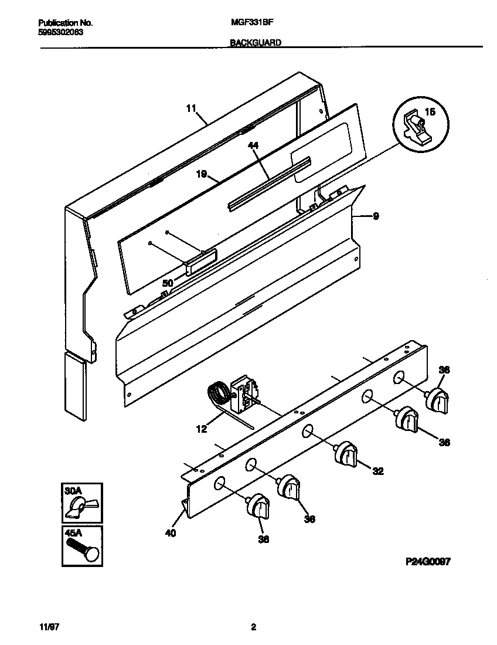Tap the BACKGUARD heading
click(x=255, y=42)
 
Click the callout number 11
click(x=190, y=108)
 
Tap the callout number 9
click(x=376, y=216)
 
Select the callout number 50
click(x=168, y=283)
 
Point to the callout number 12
click(x=201, y=429)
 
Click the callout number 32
click(x=378, y=470)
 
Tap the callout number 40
click(x=171, y=533)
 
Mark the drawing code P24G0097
click(x=427, y=561)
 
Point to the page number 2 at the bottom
click(x=253, y=627)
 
